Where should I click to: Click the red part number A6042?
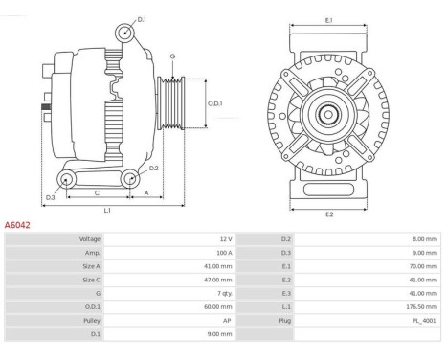pos(17,225)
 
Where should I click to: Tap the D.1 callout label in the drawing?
pos(142,20)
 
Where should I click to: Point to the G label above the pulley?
pos(172,56)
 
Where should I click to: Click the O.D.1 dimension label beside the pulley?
pos(215,103)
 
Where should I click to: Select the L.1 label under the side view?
pos(107,210)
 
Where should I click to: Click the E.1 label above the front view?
pos(329,20)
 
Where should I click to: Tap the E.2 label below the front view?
pos(329,214)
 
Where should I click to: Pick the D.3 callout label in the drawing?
pos(51,197)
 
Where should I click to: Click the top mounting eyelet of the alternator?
pos(124,33)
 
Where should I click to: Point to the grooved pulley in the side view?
pos(171,102)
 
